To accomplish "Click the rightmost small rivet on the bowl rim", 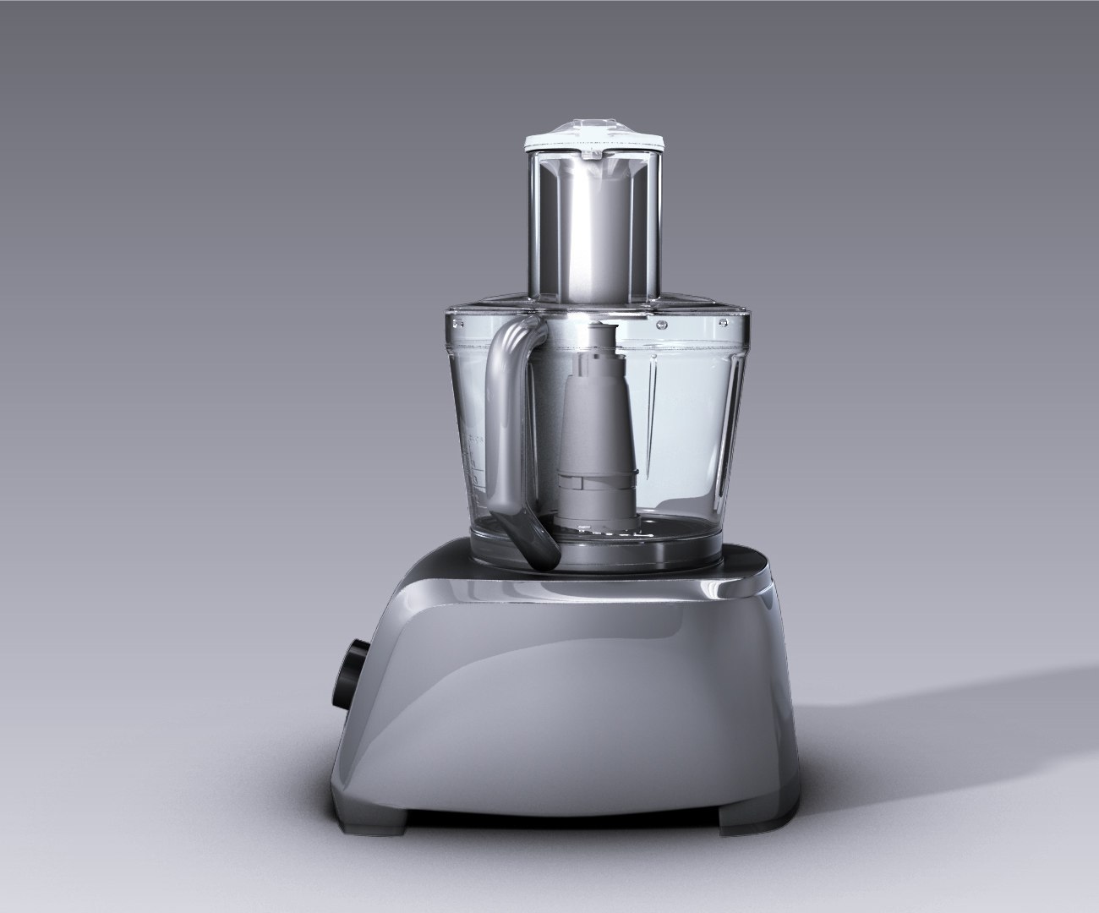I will (724, 322).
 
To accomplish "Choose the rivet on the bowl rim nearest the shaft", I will (655, 321).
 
